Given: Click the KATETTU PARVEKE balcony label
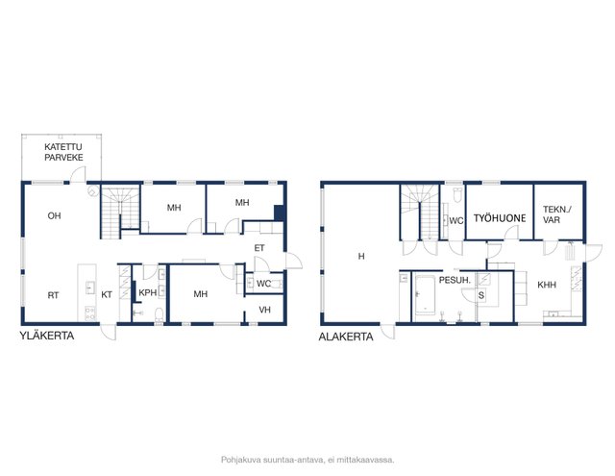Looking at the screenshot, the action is (x=63, y=152).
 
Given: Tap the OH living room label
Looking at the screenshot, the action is (x=54, y=215).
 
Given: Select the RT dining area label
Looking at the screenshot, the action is (x=53, y=295).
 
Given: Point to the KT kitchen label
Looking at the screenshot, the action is (x=107, y=294).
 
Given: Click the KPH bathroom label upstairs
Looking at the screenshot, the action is (x=148, y=292).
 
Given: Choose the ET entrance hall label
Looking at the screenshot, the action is (x=259, y=248).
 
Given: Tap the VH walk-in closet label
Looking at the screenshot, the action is (x=265, y=310).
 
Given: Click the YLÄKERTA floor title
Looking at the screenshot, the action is (x=47, y=336).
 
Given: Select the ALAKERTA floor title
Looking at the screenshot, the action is (x=346, y=337).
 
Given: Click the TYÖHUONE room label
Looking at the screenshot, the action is (x=500, y=218).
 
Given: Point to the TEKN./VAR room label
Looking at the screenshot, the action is (x=557, y=214).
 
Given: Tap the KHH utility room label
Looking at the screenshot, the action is (x=547, y=285).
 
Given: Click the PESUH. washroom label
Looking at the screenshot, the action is (x=455, y=280).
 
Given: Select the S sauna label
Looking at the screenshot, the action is (x=481, y=295).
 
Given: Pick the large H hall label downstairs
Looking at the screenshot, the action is (x=361, y=256).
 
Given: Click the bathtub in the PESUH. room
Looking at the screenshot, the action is (x=425, y=294).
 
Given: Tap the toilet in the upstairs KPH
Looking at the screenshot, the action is (x=159, y=314).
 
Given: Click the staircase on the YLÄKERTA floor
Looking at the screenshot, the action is (x=120, y=212).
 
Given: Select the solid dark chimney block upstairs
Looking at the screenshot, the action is (x=279, y=213).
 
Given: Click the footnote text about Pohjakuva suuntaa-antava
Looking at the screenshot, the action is (x=307, y=460).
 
